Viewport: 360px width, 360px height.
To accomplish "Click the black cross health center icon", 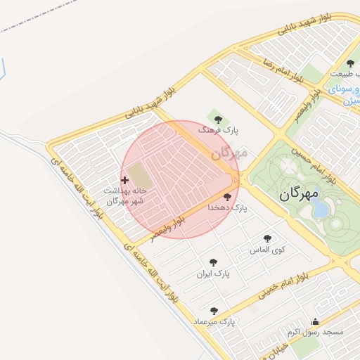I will (124, 181).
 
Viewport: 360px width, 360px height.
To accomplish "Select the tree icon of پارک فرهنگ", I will (217, 119).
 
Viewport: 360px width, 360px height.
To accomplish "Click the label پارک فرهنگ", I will (219, 131).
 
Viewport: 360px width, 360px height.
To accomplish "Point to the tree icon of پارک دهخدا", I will (227, 198).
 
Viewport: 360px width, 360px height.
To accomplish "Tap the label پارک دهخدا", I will (229, 209).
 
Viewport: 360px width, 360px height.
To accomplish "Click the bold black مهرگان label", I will (299, 193).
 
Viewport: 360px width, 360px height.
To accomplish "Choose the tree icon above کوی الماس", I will (267, 238).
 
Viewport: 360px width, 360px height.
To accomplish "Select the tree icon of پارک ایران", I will (213, 262).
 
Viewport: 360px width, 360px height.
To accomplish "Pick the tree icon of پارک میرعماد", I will (214, 310).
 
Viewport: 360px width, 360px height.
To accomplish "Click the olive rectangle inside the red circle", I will (139, 175).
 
